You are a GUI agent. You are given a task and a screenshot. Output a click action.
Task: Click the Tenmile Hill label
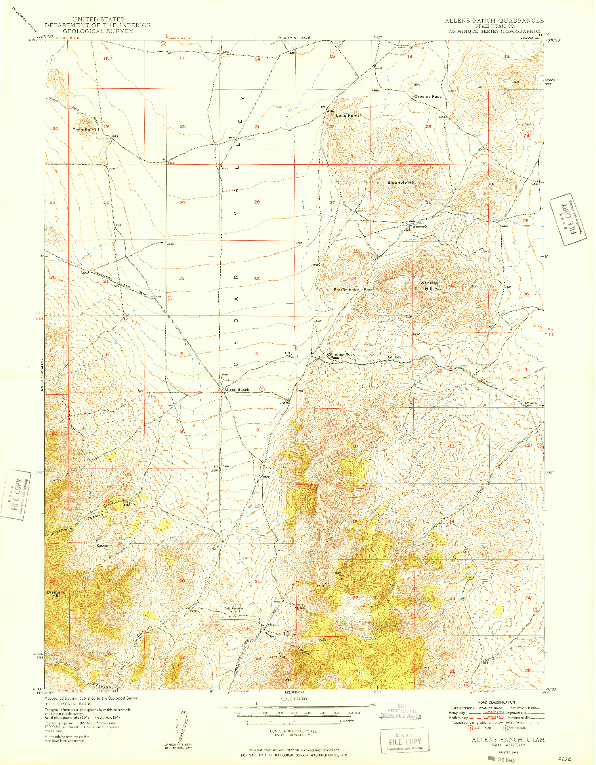tap(85, 129)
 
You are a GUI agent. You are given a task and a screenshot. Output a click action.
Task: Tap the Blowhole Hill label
tap(401, 182)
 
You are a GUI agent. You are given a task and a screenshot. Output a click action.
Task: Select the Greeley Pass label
tap(428, 97)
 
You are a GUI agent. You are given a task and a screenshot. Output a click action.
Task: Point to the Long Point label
tap(348, 116)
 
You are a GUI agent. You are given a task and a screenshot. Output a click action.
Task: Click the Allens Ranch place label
tap(237, 390)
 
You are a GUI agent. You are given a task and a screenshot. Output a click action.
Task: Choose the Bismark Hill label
tap(55, 594)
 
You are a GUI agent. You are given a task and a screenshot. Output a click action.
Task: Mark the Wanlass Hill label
tap(429, 285)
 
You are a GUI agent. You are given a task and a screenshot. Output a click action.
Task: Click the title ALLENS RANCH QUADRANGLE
tap(494, 21)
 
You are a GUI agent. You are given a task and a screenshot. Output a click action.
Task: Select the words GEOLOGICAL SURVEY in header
tap(97, 31)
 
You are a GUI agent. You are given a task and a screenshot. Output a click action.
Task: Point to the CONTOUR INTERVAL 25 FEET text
tap(294, 731)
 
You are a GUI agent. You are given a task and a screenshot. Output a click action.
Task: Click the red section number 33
tap(257, 278)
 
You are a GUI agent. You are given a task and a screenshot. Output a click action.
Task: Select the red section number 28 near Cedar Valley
tap(257, 202)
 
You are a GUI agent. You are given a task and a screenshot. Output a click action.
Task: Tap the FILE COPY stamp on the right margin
tap(567, 219)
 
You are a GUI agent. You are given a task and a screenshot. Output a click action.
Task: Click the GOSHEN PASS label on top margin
tap(294, 38)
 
